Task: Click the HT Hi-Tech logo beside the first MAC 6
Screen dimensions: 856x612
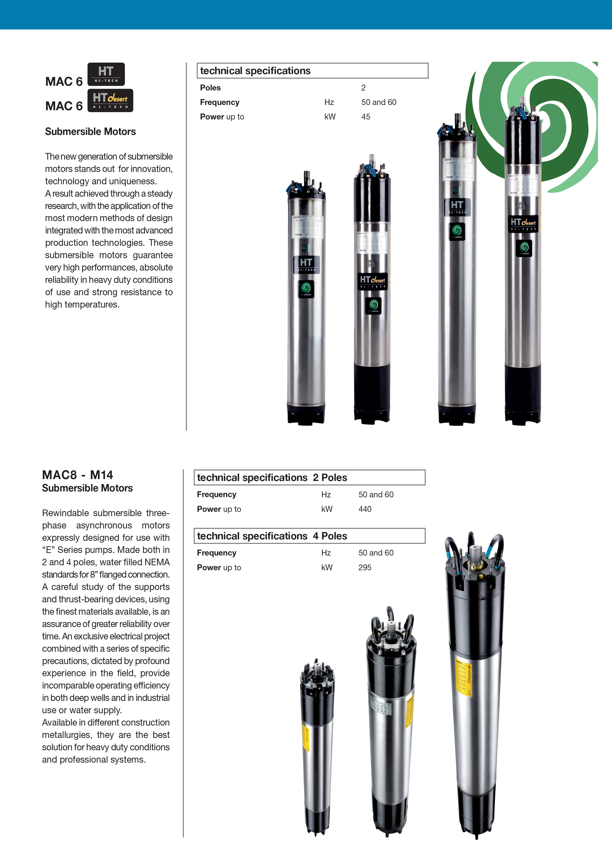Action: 106,74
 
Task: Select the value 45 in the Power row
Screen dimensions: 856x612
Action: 366,117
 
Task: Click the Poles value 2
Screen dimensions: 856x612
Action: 363,88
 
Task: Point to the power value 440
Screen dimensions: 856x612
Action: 365,509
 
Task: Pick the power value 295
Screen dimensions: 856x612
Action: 365,567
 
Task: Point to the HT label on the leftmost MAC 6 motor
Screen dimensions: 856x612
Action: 306,264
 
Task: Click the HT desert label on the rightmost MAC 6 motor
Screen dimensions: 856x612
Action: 523,223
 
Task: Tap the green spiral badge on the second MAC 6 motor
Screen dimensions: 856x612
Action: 373,305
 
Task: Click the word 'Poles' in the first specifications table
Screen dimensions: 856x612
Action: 210,88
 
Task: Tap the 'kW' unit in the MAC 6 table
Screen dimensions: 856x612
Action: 330,117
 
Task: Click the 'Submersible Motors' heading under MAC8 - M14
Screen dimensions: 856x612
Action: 87,488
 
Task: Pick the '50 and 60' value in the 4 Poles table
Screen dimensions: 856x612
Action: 376,553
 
